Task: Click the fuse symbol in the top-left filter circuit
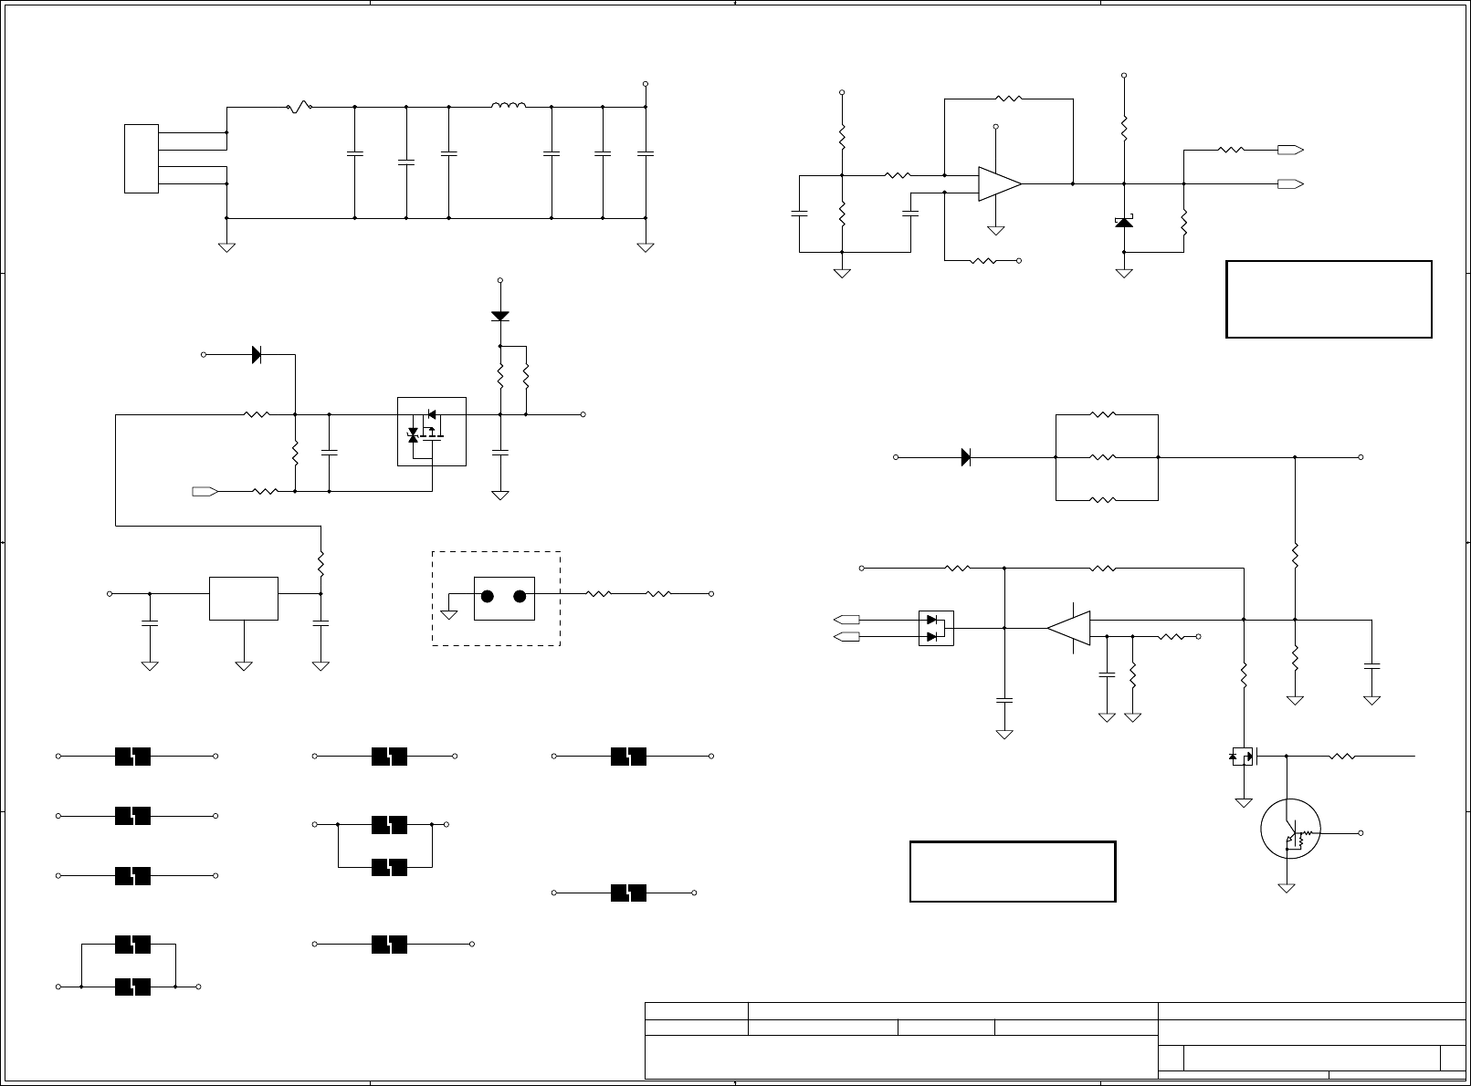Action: click(x=299, y=107)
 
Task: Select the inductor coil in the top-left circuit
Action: click(x=509, y=106)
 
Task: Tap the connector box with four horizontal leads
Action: click(x=142, y=158)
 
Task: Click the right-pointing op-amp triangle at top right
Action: click(x=999, y=183)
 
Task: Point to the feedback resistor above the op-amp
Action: click(x=1008, y=99)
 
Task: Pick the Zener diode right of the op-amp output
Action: click(x=1124, y=222)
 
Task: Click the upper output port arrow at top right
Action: click(x=1289, y=150)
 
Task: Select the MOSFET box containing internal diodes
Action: click(x=432, y=431)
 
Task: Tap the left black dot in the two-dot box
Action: click(x=488, y=597)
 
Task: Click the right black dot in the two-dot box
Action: click(x=520, y=597)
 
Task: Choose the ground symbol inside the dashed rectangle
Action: click(x=448, y=613)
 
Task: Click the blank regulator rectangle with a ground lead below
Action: click(x=244, y=598)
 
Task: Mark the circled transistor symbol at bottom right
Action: click(x=1290, y=829)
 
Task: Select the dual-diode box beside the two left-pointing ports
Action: click(x=935, y=628)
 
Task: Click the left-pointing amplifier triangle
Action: click(x=1069, y=628)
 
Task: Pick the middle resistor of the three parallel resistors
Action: click(x=1103, y=457)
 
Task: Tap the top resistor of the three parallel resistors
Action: click(x=1103, y=415)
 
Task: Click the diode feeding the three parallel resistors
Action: click(x=966, y=457)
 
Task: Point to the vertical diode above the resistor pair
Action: click(x=499, y=316)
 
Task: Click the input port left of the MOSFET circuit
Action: click(x=205, y=491)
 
